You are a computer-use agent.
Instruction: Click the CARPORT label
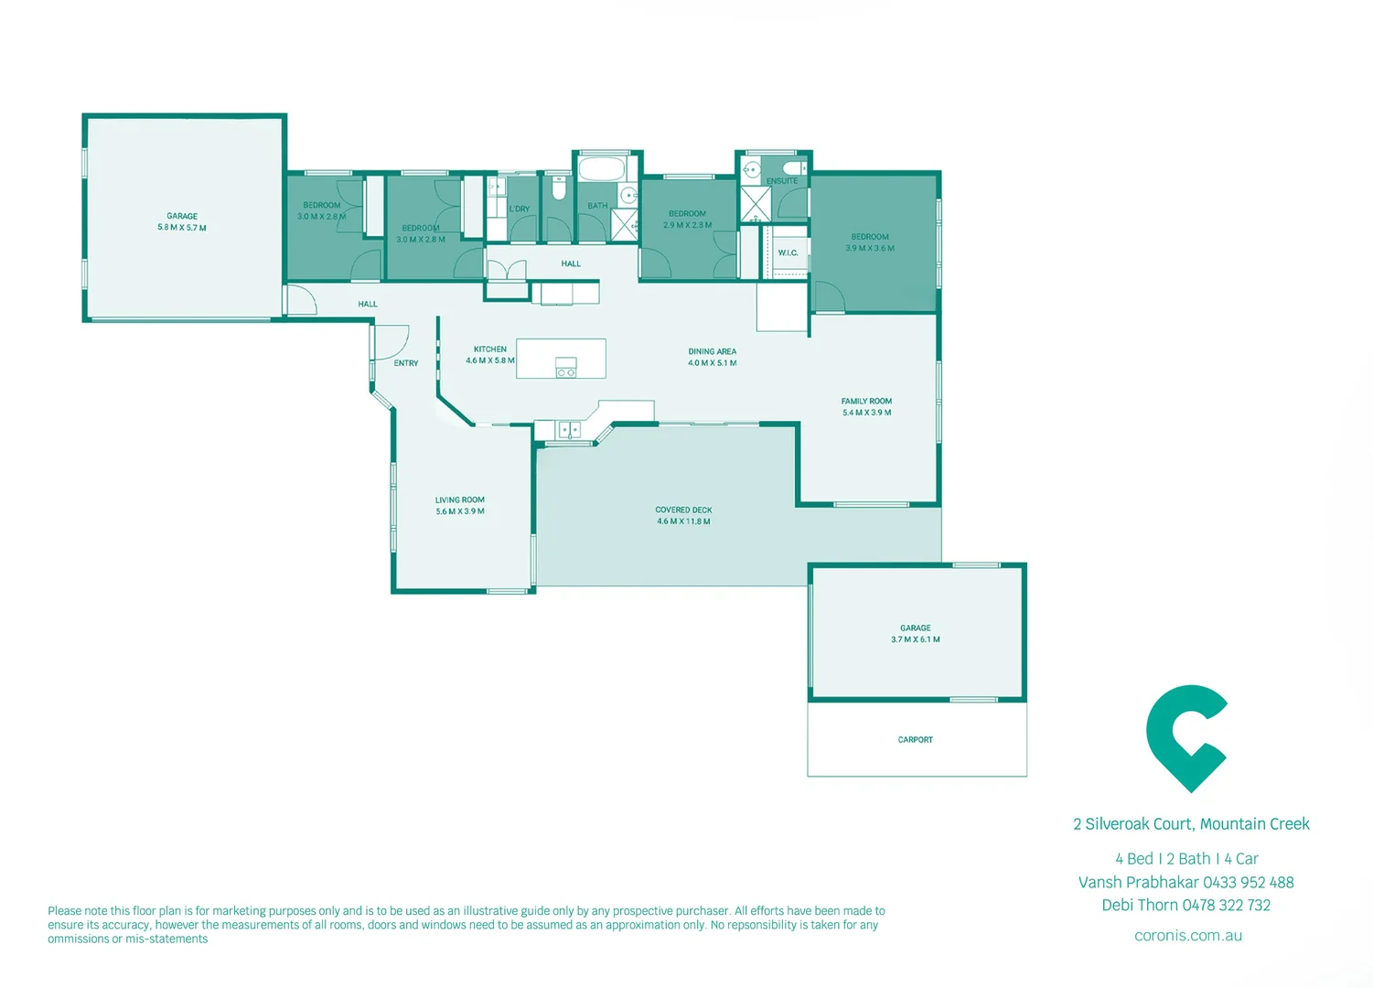pyautogui.click(x=915, y=739)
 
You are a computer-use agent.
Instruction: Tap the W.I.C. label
pyautogui.click(x=788, y=252)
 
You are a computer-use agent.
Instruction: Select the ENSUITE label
pyautogui.click(x=782, y=181)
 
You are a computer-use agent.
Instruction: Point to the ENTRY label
pyautogui.click(x=406, y=363)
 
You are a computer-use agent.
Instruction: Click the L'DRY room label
pyautogui.click(x=520, y=209)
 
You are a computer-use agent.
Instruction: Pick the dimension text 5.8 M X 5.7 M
pyautogui.click(x=182, y=228)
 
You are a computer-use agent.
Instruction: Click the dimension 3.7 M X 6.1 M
pyautogui.click(x=915, y=639)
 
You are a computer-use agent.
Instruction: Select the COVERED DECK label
pyautogui.click(x=683, y=510)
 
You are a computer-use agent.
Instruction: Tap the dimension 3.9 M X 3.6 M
pyautogui.click(x=870, y=248)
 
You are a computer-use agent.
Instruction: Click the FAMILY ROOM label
pyautogui.click(x=866, y=401)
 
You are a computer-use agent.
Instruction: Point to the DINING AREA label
pyautogui.click(x=712, y=351)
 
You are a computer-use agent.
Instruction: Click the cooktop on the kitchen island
pyautogui.click(x=566, y=368)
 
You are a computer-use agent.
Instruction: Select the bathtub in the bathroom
pyautogui.click(x=602, y=170)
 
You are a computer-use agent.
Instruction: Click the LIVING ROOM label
pyautogui.click(x=459, y=500)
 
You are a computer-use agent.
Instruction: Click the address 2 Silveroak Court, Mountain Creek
pyautogui.click(x=1191, y=824)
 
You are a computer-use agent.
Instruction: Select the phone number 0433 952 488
pyautogui.click(x=1248, y=883)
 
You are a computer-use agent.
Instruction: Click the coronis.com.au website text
pyautogui.click(x=1187, y=936)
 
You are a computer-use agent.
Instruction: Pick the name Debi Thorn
pyautogui.click(x=1139, y=906)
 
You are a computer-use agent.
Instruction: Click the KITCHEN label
pyautogui.click(x=490, y=349)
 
